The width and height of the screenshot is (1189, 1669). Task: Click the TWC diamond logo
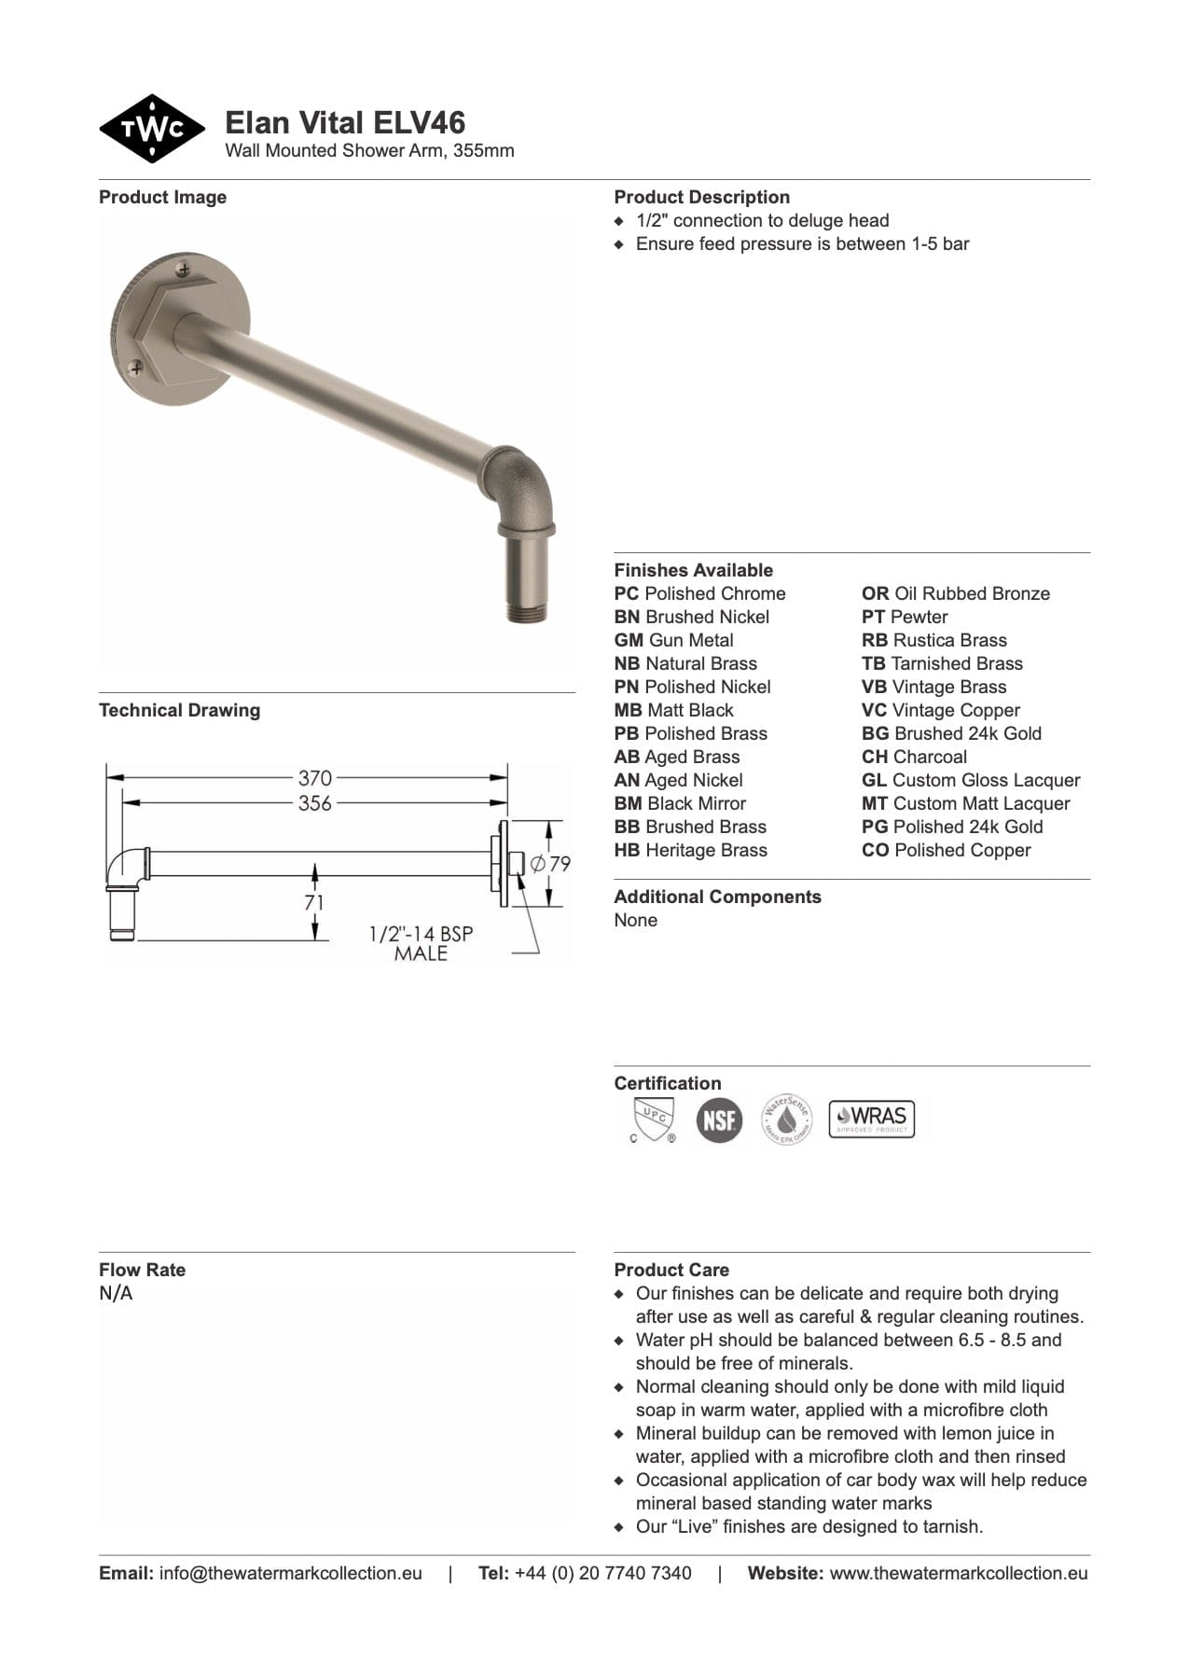coord(152,129)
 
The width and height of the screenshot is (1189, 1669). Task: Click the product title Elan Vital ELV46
coord(345,123)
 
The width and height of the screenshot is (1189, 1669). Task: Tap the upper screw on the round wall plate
coord(184,270)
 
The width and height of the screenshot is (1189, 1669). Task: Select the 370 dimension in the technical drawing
coord(314,777)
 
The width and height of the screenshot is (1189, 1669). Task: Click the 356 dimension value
coord(314,802)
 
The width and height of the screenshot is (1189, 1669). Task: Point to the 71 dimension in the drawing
coord(314,902)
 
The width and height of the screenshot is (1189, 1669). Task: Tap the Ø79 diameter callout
coord(551,864)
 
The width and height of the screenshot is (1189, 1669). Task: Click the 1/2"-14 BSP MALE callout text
coord(421,943)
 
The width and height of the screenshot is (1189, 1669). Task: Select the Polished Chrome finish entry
coord(699,593)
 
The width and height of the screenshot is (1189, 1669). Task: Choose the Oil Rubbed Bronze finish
coord(955,593)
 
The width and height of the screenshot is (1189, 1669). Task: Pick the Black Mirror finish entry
coord(680,803)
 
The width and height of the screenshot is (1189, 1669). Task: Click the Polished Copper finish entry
coord(946,850)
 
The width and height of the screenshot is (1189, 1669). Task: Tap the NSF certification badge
coord(719,1119)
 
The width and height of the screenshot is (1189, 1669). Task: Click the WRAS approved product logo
coord(871,1119)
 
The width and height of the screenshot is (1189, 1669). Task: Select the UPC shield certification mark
coord(653,1119)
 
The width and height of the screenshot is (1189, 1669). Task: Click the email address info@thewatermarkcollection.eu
coord(290,1573)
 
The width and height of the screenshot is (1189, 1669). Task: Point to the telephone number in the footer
coord(602,1573)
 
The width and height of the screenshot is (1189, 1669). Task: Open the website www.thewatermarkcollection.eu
coord(958,1573)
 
